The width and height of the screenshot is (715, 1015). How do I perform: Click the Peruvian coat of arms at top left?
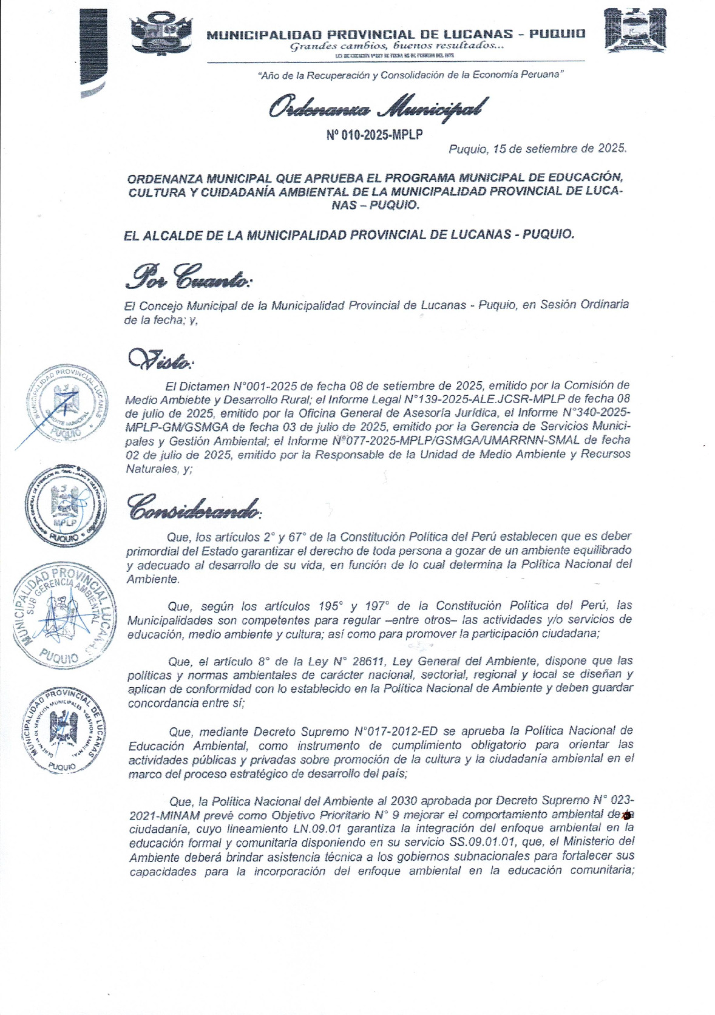[x=161, y=33]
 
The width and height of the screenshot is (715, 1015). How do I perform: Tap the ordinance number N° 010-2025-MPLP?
[x=374, y=135]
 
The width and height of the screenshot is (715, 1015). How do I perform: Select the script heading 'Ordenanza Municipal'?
[x=377, y=108]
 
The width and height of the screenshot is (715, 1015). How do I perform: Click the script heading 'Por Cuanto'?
[x=188, y=278]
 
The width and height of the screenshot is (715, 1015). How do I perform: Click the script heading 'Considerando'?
[x=194, y=507]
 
